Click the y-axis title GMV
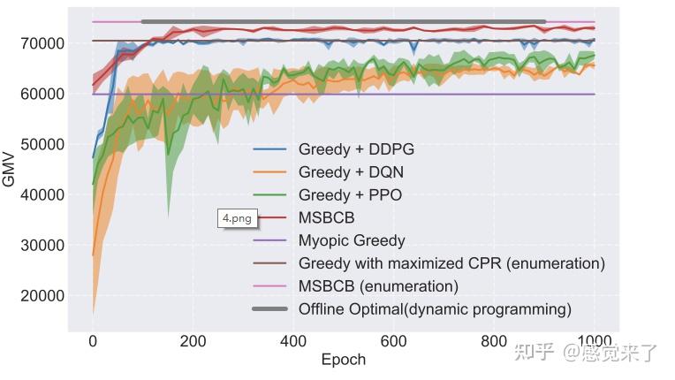(x=10, y=168)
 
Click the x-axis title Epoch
(x=343, y=360)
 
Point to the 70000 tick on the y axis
(x=40, y=43)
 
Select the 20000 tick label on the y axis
(x=40, y=296)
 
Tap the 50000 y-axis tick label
(x=40, y=144)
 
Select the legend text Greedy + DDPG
(x=356, y=149)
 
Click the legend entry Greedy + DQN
(x=351, y=172)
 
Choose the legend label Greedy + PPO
(x=350, y=195)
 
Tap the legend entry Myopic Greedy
(x=352, y=240)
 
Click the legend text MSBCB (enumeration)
(x=378, y=286)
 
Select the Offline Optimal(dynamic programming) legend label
(x=435, y=309)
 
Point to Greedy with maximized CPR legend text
(x=451, y=263)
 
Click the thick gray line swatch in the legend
(x=269, y=309)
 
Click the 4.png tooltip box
(x=237, y=218)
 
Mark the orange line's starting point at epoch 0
(x=93, y=255)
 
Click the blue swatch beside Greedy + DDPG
(x=269, y=149)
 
